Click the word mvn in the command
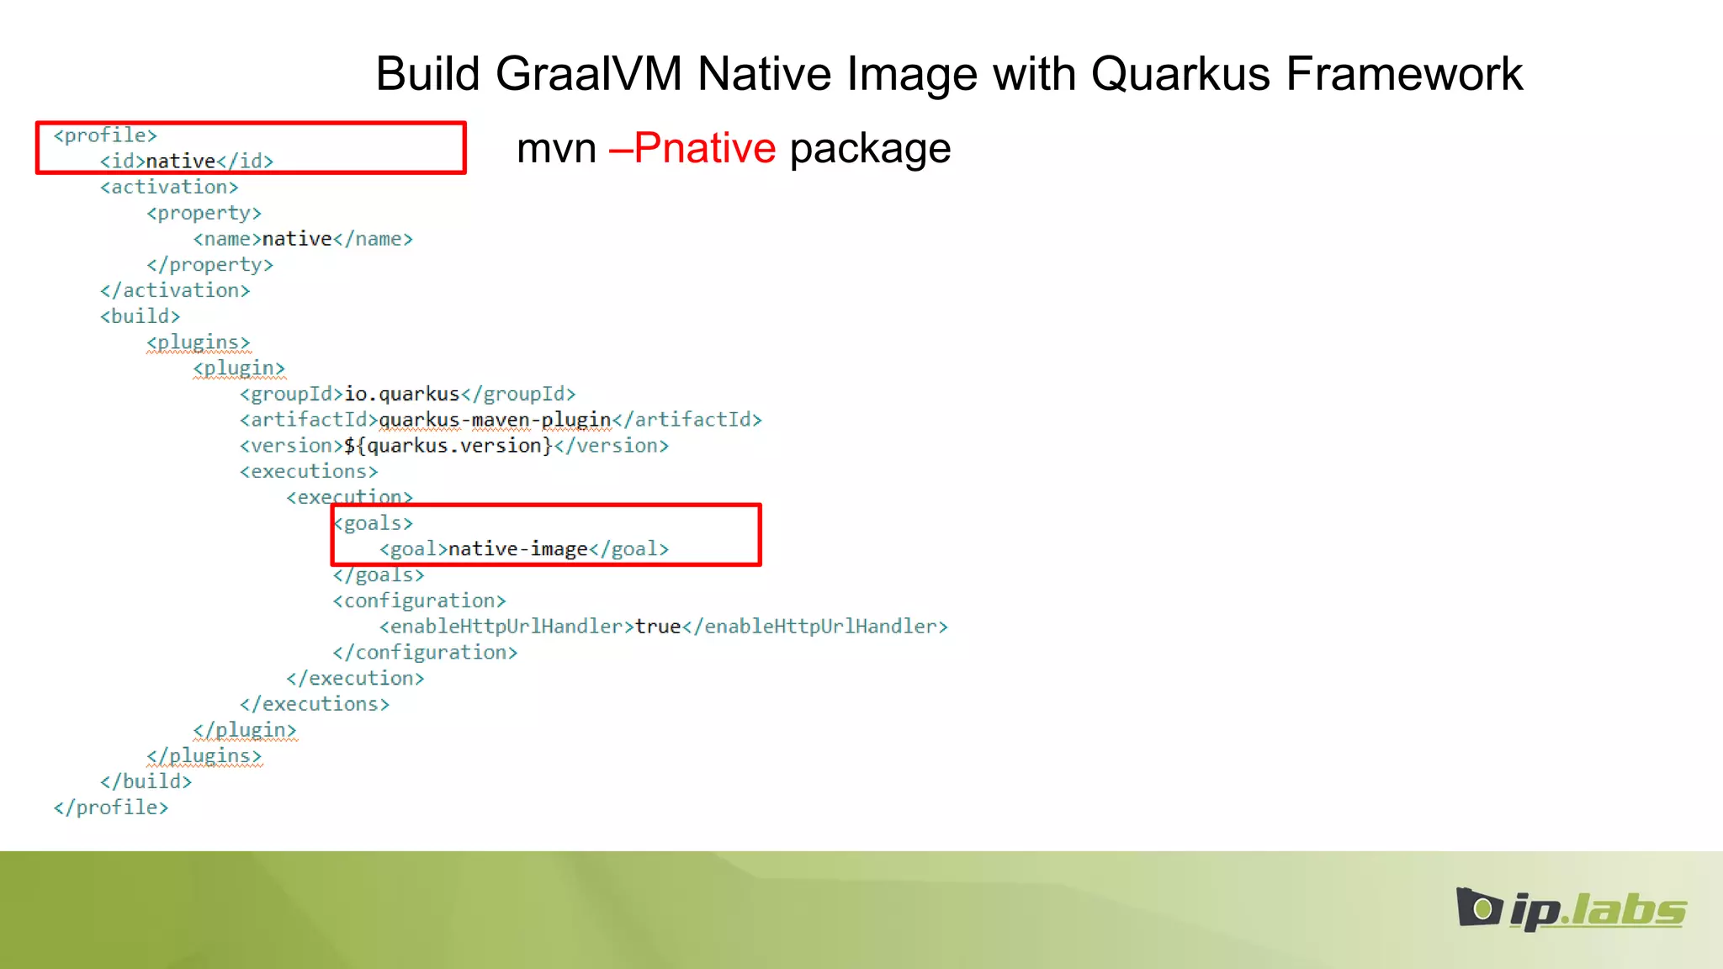pos(556,148)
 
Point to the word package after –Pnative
pos(870,150)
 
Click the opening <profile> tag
pos(105,135)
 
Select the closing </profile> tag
pos(111,807)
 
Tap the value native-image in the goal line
pos(517,549)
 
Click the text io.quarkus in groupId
pos(402,394)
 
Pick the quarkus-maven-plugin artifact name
pos(495,420)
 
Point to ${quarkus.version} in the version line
pos(448,446)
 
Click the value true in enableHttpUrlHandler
pos(658,627)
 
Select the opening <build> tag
pos(140,316)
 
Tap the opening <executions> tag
pos(309,472)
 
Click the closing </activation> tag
pos(175,290)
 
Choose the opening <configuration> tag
pos(419,601)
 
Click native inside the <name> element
pos(297,239)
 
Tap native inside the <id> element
pos(181,161)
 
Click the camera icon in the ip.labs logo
pos(1478,908)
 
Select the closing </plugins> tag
pos(204,755)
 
